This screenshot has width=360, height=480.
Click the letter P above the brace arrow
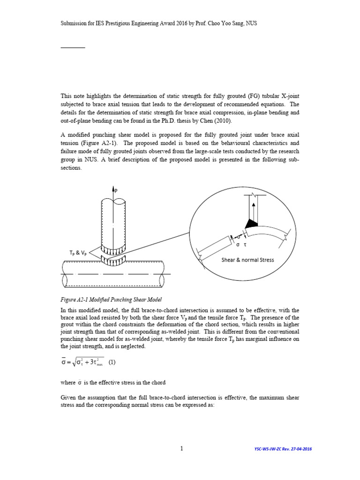click(116, 190)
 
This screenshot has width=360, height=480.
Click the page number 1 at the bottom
click(181, 449)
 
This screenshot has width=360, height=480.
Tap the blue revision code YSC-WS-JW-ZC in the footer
click(267, 449)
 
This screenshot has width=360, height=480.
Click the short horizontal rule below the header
click(73, 48)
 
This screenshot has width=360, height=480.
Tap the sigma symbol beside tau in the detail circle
click(238, 245)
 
